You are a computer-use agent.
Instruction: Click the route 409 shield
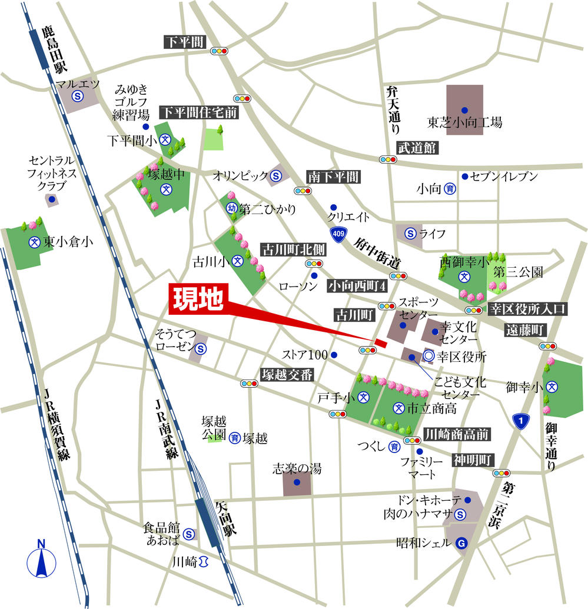tap(337, 234)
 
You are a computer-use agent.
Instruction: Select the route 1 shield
tap(520, 421)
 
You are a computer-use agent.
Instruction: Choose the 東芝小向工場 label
tap(464, 124)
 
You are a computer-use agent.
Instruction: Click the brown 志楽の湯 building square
tap(297, 482)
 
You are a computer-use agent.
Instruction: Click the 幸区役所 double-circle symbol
tap(428, 356)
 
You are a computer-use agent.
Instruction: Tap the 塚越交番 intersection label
tap(288, 374)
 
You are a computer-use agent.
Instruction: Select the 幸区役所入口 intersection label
tap(527, 308)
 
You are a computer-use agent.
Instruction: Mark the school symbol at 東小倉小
tap(34, 242)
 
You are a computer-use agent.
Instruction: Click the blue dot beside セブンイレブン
tap(464, 176)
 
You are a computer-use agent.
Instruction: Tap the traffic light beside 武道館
tap(388, 159)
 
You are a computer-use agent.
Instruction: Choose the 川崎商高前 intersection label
tap(457, 434)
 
